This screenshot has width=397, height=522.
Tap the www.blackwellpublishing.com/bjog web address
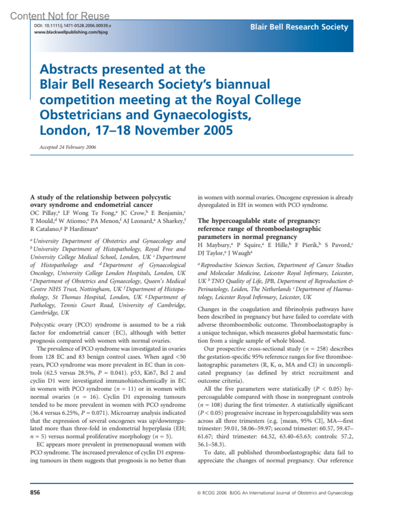click(x=71, y=32)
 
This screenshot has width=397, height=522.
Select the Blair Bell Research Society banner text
click(x=299, y=27)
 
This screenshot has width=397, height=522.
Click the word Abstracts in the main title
click(x=68, y=69)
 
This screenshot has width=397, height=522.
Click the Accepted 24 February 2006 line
click(x=68, y=147)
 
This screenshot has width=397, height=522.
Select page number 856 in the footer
click(x=35, y=493)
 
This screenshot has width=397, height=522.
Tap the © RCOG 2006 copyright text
click(x=212, y=493)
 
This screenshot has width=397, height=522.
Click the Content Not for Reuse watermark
click(x=60, y=16)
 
